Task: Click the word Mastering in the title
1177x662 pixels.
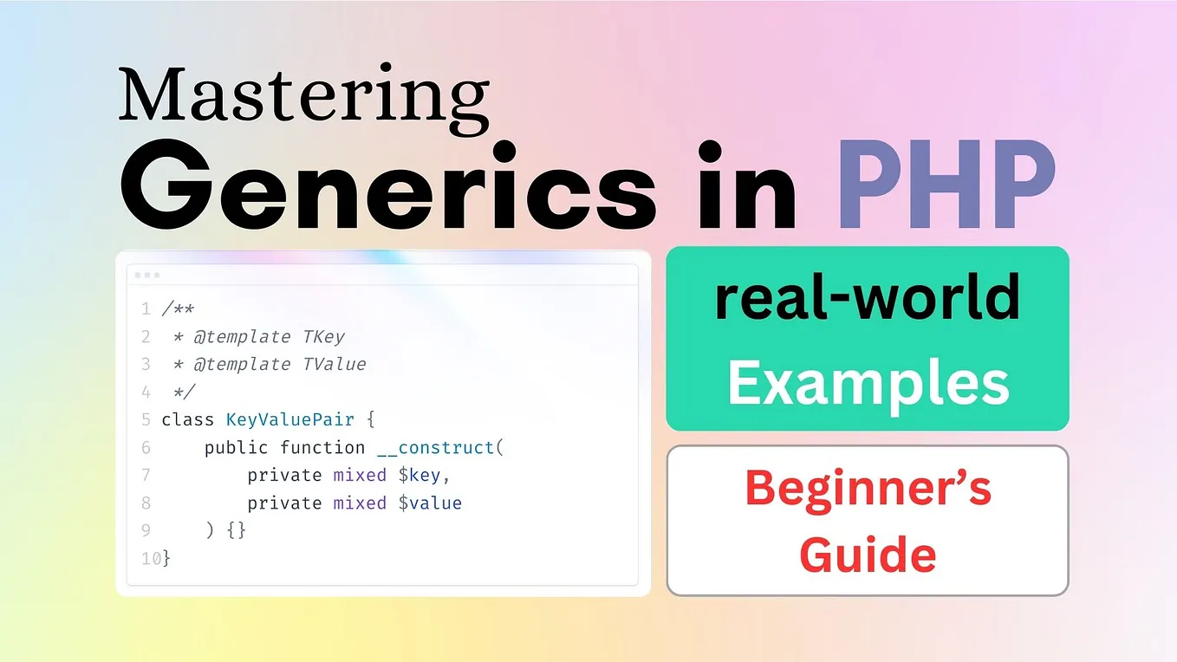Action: click(x=303, y=95)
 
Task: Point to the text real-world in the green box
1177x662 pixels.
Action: click(x=867, y=297)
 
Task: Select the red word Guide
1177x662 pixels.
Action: click(x=868, y=554)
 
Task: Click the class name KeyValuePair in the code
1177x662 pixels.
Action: click(x=289, y=419)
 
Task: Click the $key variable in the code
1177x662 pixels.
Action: click(x=425, y=475)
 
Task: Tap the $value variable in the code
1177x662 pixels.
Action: click(x=430, y=503)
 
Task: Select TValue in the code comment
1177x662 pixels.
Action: click(x=334, y=364)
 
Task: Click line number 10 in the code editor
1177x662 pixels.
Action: click(x=150, y=559)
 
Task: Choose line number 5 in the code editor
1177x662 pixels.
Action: click(x=146, y=420)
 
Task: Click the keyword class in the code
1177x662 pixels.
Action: click(x=188, y=419)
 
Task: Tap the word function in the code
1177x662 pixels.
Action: click(x=322, y=447)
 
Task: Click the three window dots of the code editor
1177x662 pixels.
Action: click(x=146, y=275)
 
